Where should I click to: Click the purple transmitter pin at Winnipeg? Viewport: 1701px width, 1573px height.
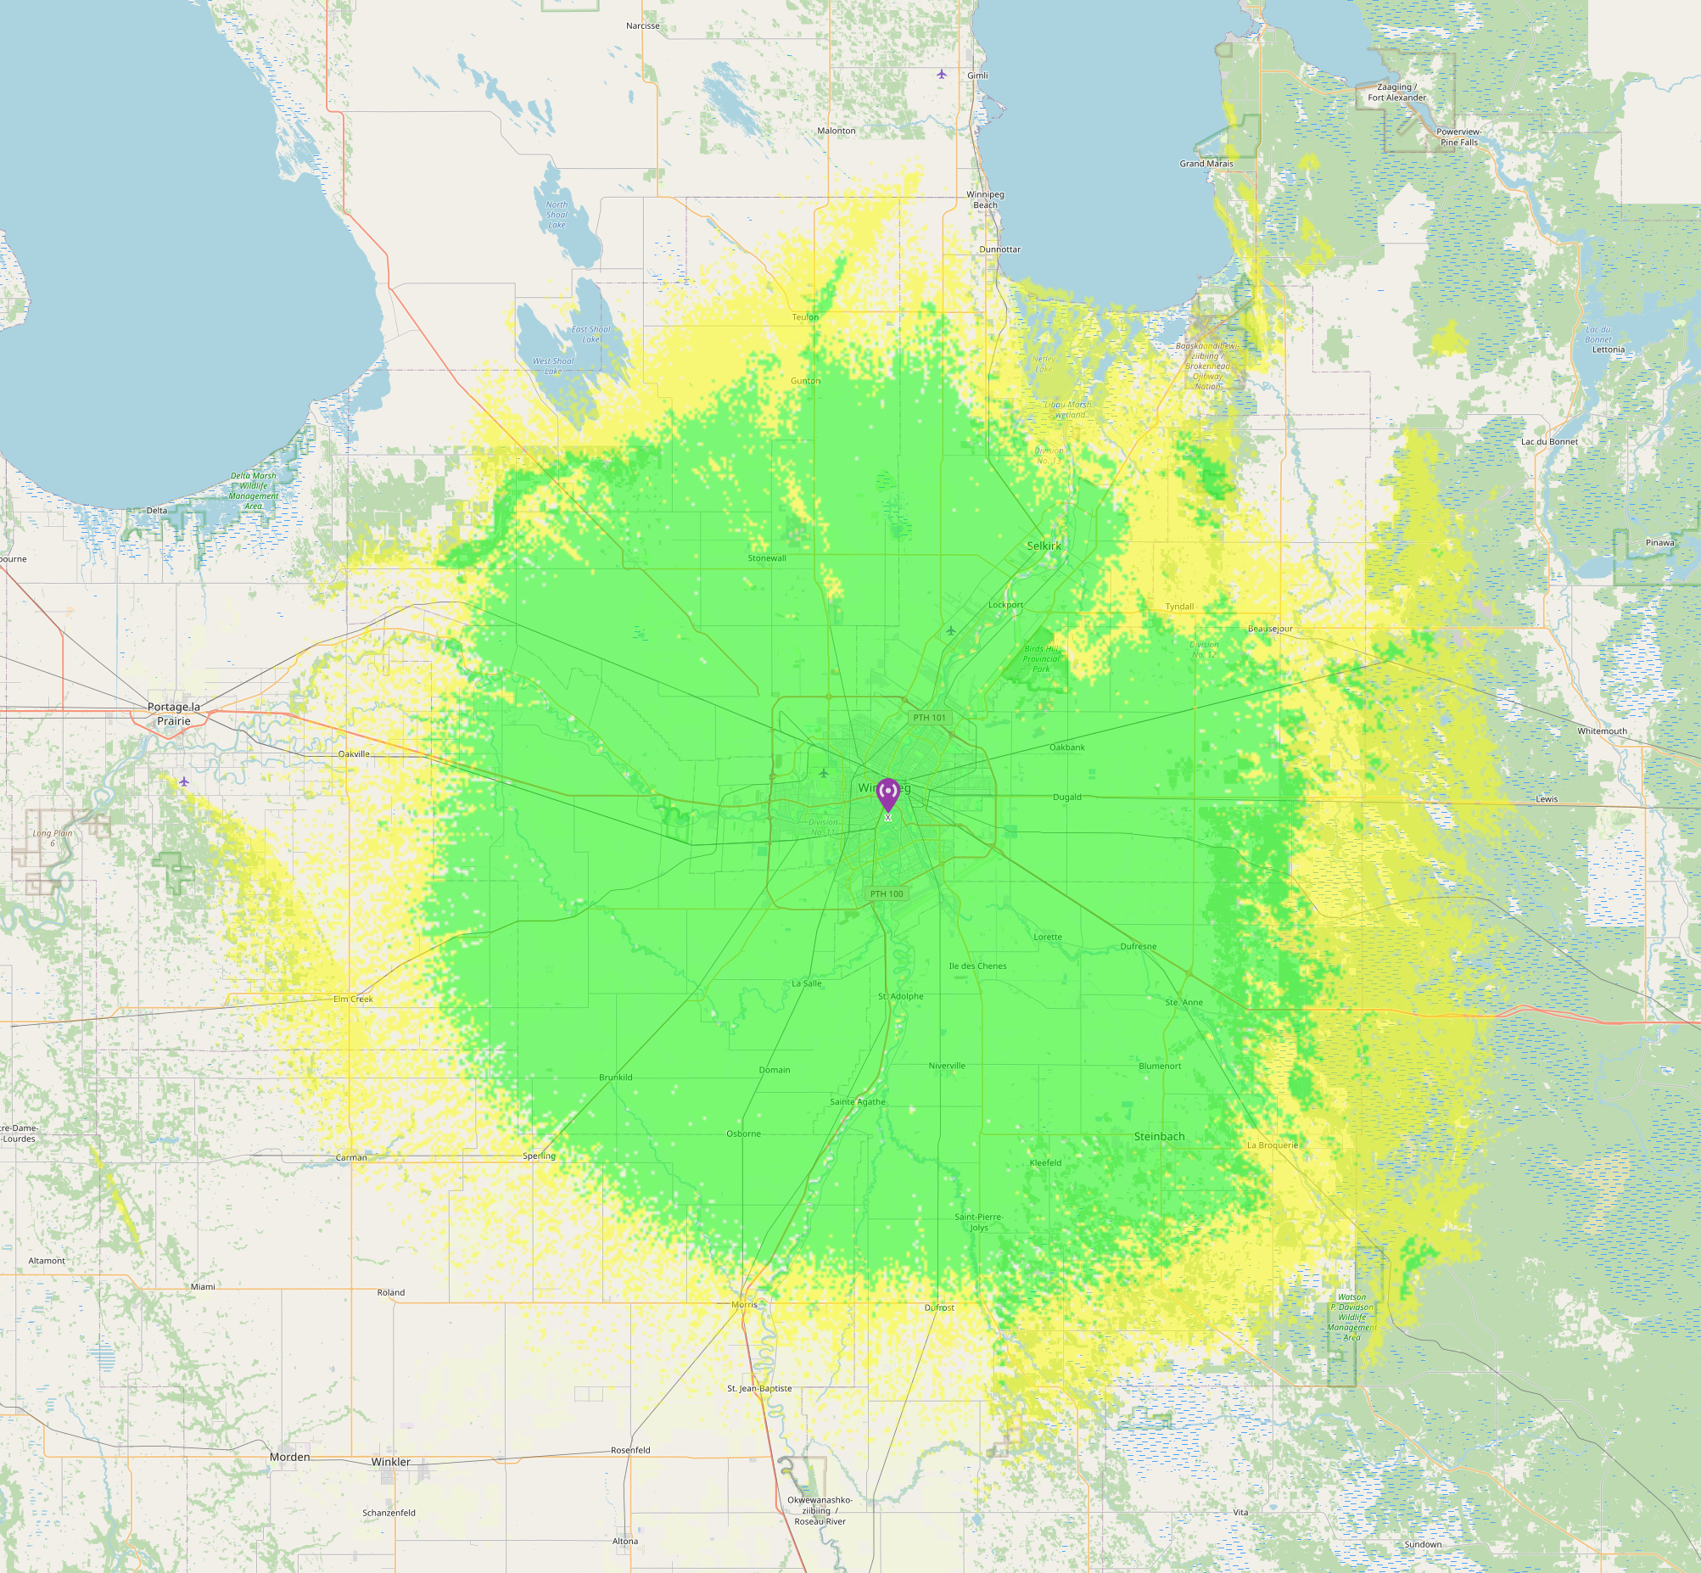tap(887, 793)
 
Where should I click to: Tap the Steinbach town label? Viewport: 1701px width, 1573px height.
tap(1159, 1136)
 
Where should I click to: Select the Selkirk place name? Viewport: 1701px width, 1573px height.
tap(1044, 546)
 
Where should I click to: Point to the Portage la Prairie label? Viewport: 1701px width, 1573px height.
tap(174, 714)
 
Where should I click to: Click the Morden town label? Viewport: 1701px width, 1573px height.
tap(289, 1457)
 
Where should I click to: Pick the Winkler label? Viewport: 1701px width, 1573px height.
tap(390, 1462)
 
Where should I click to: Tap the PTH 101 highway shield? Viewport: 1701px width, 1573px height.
tap(929, 718)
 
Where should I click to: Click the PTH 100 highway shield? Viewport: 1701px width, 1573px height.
tap(887, 893)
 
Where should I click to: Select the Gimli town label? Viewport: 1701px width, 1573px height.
tap(977, 76)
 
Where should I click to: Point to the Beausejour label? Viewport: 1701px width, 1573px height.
tap(1269, 629)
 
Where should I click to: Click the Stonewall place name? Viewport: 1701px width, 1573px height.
tap(767, 558)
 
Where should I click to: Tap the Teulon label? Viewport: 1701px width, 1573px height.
tap(805, 317)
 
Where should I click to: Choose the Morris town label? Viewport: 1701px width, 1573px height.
tap(744, 1304)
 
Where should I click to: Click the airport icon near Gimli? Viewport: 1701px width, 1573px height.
tap(942, 75)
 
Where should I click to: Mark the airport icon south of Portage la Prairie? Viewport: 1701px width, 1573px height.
tap(184, 781)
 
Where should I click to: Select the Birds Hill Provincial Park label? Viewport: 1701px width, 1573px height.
tap(1042, 659)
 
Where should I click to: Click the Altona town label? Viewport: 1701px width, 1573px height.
tap(624, 1541)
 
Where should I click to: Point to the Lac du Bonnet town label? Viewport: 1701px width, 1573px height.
tap(1549, 442)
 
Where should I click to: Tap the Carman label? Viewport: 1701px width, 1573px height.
tap(351, 1157)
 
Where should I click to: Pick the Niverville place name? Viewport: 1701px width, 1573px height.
tap(947, 1066)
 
